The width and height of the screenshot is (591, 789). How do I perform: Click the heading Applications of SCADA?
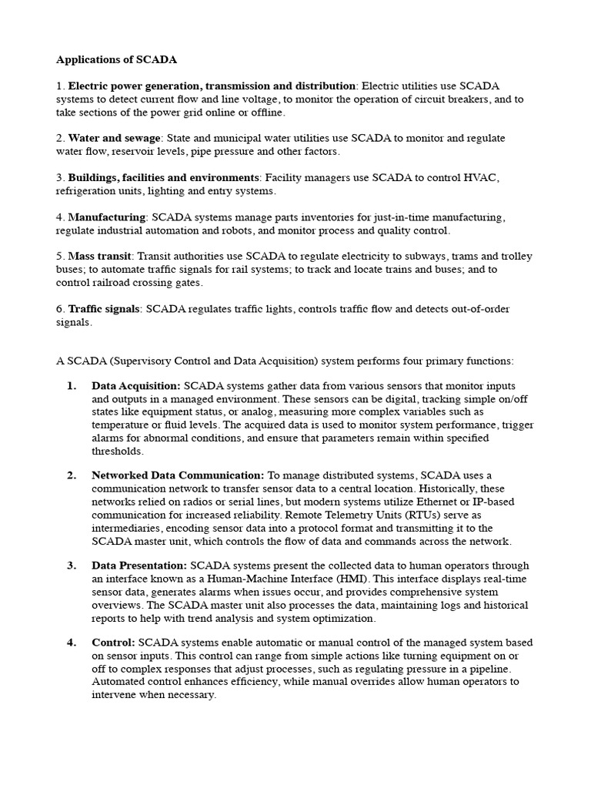click(x=111, y=59)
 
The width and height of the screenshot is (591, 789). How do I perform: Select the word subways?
click(x=421, y=256)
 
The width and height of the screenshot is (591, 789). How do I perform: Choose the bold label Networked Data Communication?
click(x=178, y=475)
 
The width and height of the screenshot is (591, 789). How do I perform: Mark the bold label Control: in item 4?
click(x=113, y=642)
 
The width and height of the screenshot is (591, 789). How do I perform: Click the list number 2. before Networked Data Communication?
click(x=71, y=475)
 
